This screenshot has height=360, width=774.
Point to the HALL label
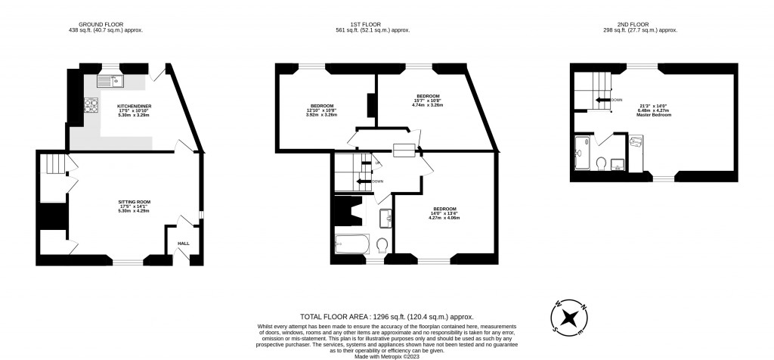pos(183,244)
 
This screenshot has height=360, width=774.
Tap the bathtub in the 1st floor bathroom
pos(351,244)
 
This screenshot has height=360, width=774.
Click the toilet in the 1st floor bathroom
pos(382,244)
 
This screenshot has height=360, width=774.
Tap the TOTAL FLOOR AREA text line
pos(387,318)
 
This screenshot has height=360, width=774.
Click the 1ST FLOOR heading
pos(361,26)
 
